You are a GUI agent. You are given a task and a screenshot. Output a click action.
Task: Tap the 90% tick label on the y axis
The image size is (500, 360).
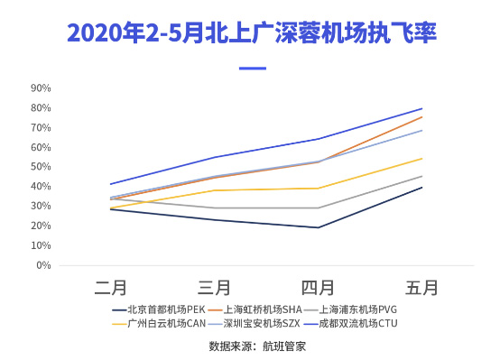42,88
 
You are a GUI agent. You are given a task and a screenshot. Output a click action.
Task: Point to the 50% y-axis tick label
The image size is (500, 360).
42,167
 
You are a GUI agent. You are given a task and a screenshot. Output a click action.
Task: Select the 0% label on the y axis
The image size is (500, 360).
44,265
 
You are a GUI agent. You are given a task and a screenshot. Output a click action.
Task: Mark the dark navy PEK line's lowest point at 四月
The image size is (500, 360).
318,227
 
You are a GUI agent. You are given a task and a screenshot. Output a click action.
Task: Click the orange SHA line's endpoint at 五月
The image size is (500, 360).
421,117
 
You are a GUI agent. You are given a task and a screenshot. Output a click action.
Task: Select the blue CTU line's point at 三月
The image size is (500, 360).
214,157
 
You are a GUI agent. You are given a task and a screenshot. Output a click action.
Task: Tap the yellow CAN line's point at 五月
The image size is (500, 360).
421,159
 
